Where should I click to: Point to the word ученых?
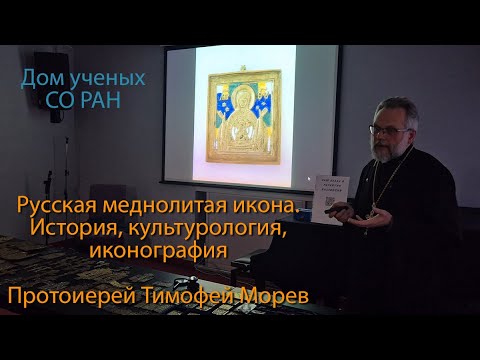click(x=108, y=78)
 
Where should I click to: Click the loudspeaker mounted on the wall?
click(x=49, y=72)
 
